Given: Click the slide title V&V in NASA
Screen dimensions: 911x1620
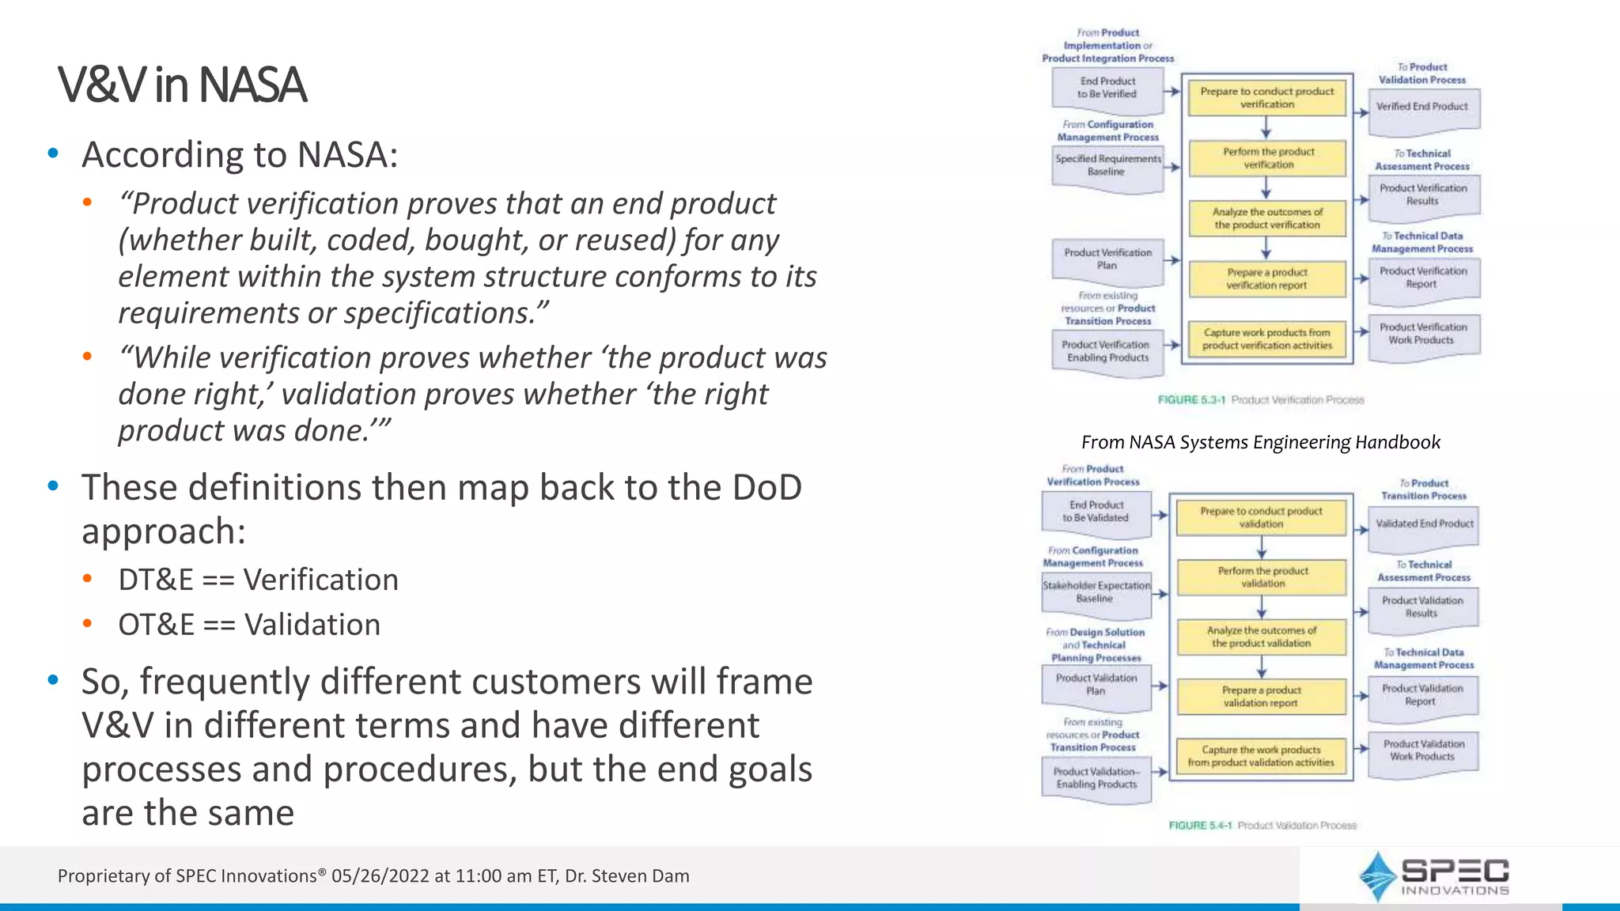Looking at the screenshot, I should coord(181,85).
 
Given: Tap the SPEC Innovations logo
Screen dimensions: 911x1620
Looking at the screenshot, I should coord(1434,876).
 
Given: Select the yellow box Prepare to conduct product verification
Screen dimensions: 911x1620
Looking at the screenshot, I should coord(1266,98).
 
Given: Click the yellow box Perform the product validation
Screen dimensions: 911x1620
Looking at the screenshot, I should coord(1262,577).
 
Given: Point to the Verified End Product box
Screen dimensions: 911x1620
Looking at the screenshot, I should coord(1422,108).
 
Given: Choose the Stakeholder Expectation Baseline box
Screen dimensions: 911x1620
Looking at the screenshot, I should coord(1096,592).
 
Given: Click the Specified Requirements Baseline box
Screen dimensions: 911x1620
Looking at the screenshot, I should coord(1107,165).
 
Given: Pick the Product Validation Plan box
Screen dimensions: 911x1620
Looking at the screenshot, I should coord(1096,685).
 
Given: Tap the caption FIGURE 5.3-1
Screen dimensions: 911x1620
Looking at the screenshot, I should coord(1190,400).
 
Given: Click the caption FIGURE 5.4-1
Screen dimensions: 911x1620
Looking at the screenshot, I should coord(1200,826).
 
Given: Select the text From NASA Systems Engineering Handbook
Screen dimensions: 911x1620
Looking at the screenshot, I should coord(1260,443).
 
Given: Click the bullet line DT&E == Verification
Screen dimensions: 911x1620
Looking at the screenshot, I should coord(258,580).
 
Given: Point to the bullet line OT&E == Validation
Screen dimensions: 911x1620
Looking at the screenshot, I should coord(249,626).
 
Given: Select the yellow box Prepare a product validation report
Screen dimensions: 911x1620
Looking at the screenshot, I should coord(1261,697).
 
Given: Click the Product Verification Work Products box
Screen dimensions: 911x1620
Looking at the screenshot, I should coord(1422,334).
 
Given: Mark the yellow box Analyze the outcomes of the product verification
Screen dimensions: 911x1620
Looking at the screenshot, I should coord(1266,219).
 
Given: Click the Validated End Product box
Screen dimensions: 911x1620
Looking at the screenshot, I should coord(1424,524).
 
